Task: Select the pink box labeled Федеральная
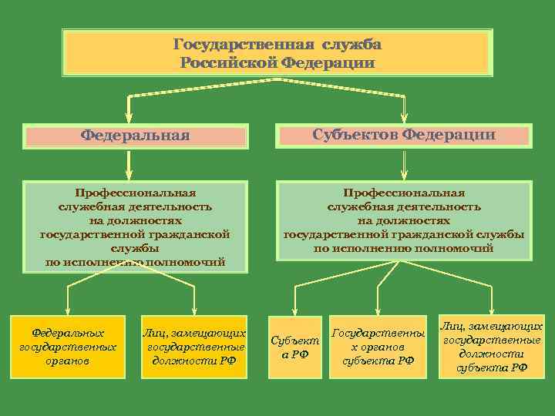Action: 136,136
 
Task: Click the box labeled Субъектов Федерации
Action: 404,136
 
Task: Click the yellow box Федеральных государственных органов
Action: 68,347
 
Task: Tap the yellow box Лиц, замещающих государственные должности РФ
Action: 194,347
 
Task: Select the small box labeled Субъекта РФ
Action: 294,347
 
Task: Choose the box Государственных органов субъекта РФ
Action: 378,347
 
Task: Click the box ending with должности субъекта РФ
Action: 492,347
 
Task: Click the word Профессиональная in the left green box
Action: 135,193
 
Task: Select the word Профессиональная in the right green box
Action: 404,193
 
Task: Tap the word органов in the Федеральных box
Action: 68,361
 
